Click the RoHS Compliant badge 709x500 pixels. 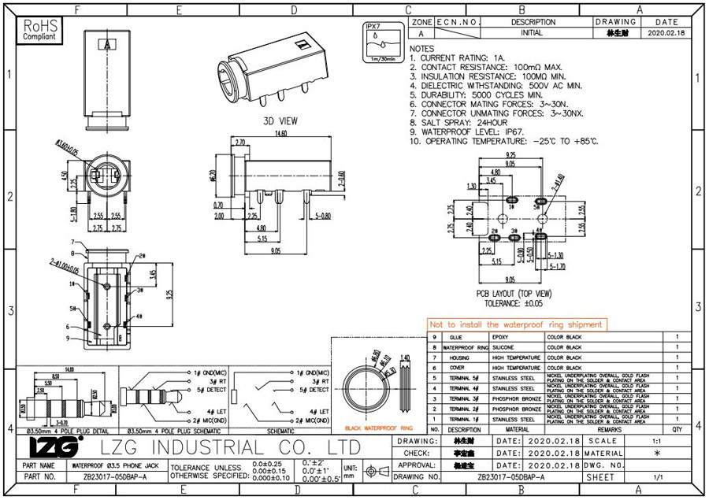pyautogui.click(x=39, y=31)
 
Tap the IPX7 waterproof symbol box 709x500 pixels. pyautogui.click(x=380, y=43)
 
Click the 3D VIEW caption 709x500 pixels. pyautogui.click(x=280, y=121)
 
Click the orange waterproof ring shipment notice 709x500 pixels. pyautogui.click(x=517, y=324)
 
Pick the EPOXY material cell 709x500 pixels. pyautogui.click(x=501, y=337)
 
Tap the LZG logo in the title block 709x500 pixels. pyautogui.click(x=54, y=447)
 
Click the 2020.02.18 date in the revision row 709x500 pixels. pyautogui.click(x=666, y=34)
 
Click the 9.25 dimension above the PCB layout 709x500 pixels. pyautogui.click(x=510, y=155)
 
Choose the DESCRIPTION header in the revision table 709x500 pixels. pyautogui.click(x=533, y=22)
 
